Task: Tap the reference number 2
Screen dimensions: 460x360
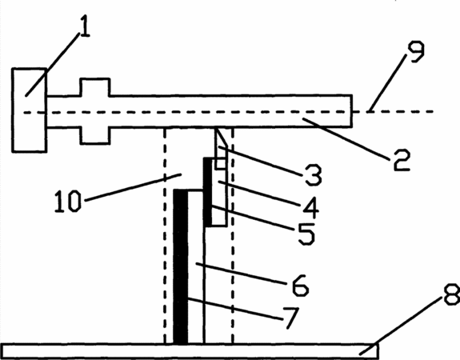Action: tap(402, 160)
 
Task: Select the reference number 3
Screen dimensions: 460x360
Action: tap(314, 175)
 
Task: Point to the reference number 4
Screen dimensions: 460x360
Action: tap(311, 207)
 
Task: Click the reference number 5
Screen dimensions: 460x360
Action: tap(306, 234)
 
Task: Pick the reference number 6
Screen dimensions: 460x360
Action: tap(300, 285)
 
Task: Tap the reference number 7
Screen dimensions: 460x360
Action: tap(290, 318)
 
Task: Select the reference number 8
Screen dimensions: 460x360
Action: tap(451, 294)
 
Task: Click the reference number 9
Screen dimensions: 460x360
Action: tap(414, 52)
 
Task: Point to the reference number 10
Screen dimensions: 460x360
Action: tap(68, 202)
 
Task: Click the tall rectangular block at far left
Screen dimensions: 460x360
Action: tap(29, 110)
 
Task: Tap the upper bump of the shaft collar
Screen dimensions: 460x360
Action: tap(95, 87)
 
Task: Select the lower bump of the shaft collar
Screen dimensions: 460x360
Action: tap(95, 135)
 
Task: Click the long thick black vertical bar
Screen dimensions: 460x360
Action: tap(181, 266)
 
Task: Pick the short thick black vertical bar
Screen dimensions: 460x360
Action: tap(207, 192)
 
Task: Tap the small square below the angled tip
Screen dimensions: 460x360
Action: tap(221, 164)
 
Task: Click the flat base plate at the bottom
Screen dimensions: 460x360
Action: tap(190, 350)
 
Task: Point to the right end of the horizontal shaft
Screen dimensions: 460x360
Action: tap(352, 111)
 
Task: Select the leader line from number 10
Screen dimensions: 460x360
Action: tap(133, 187)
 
